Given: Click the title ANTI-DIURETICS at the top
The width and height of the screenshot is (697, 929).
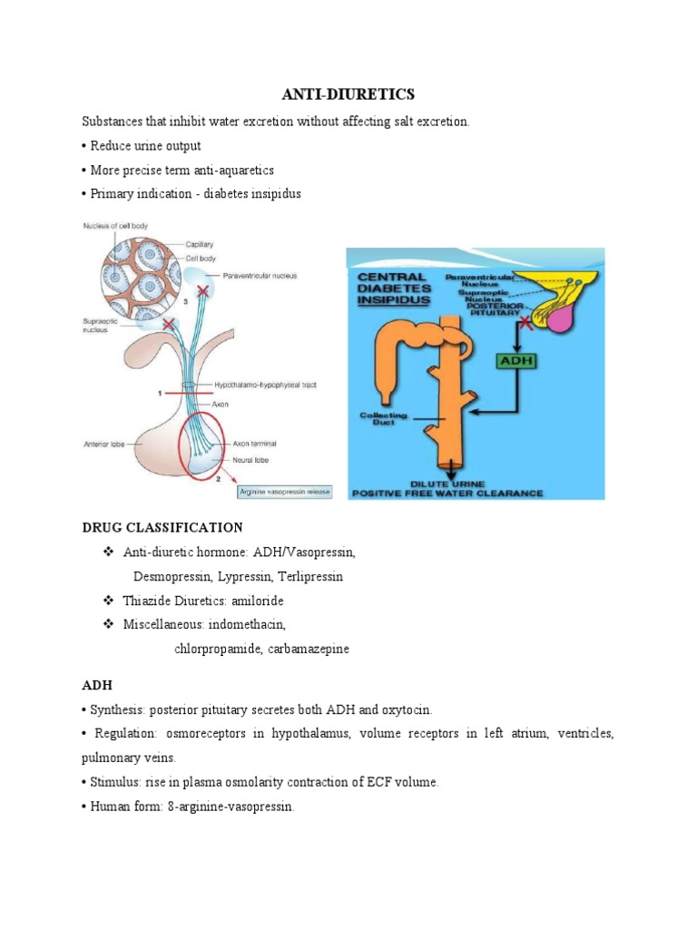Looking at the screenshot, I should click(348, 94).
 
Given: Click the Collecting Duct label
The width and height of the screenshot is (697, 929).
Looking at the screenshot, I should click(388, 418).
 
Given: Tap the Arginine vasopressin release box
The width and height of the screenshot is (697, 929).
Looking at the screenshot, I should click(285, 492).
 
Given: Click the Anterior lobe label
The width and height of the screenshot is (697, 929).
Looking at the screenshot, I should click(104, 444).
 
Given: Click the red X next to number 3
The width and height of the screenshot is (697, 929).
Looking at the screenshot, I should click(202, 291).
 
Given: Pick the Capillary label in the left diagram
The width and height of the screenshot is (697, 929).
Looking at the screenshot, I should click(201, 244).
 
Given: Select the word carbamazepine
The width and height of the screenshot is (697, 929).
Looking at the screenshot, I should click(308, 649).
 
